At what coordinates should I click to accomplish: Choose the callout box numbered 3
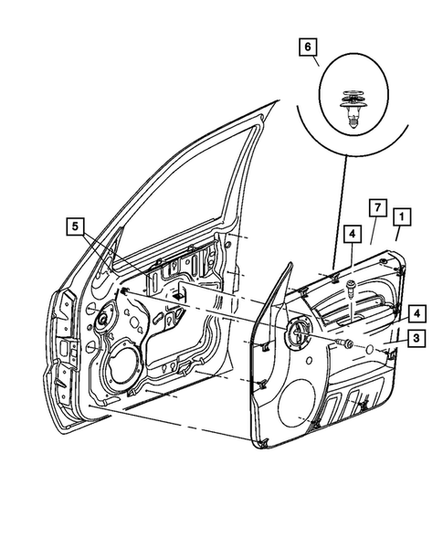415,338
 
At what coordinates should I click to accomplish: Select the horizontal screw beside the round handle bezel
346,344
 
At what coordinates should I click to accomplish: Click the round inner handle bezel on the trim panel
300,332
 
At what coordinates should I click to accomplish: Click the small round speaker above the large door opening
102,319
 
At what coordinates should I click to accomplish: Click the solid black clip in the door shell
180,295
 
